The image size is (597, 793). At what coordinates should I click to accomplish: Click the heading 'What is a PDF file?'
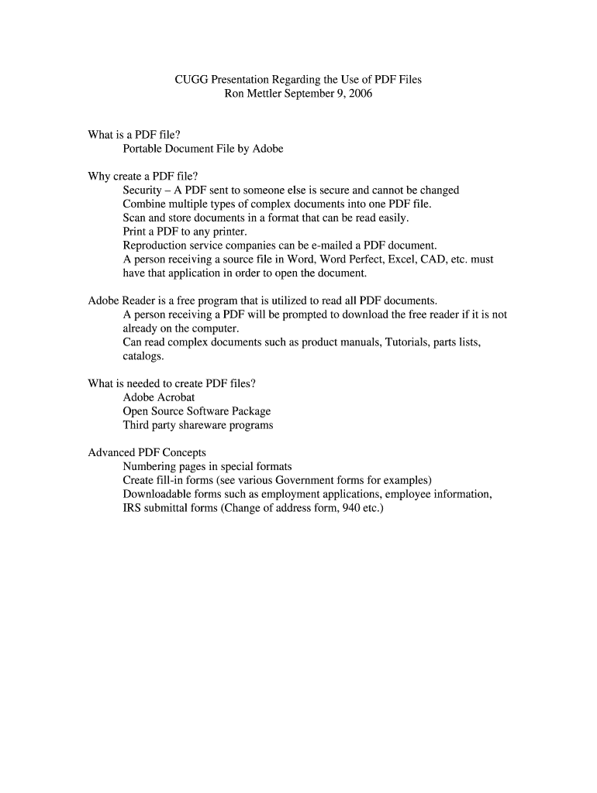pyautogui.click(x=134, y=135)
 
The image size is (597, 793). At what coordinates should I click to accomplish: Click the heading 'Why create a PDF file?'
pyautogui.click(x=138, y=176)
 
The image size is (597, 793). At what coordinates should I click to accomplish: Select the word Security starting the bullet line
pyautogui.click(x=143, y=190)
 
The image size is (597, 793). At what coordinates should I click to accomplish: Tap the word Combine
pyautogui.click(x=145, y=204)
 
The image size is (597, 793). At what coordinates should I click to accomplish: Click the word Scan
pyautogui.click(x=135, y=218)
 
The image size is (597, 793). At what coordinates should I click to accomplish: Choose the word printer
pyautogui.click(x=227, y=232)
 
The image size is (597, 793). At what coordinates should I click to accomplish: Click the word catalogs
pyautogui.click(x=143, y=356)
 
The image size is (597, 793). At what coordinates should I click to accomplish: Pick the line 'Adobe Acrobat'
pyautogui.click(x=159, y=397)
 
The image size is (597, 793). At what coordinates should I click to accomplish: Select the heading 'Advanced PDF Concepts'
pyautogui.click(x=147, y=452)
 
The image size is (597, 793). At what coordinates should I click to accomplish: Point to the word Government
pyautogui.click(x=304, y=480)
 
